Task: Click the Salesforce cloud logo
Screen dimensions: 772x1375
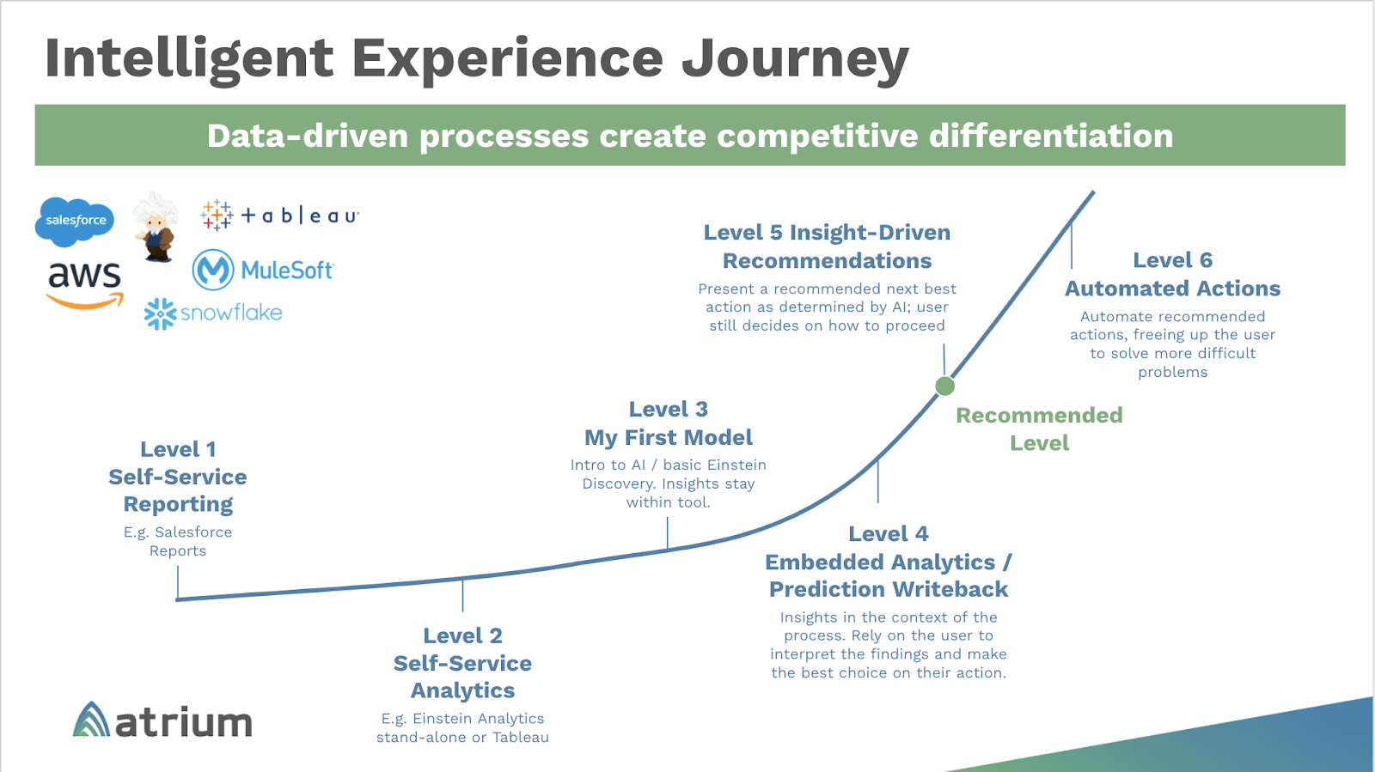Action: (75, 221)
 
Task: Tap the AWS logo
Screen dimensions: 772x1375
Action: (84, 284)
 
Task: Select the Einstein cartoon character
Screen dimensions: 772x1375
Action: (156, 228)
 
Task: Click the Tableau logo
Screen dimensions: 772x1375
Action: (279, 215)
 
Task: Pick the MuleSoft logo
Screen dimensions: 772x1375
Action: (262, 270)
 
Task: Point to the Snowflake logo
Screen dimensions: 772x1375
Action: (213, 313)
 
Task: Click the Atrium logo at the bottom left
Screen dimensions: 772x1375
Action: (162, 720)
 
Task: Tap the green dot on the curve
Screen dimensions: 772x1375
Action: (944, 386)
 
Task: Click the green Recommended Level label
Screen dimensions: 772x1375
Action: (1039, 429)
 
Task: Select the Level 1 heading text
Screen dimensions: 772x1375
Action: (178, 449)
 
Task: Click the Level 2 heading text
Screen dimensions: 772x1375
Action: (462, 635)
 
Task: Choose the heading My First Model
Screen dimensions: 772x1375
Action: (669, 438)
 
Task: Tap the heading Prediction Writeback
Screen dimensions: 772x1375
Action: (889, 589)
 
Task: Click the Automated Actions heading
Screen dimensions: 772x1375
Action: (1172, 289)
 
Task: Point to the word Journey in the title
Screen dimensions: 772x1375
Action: (795, 58)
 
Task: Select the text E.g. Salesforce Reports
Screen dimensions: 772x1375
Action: (178, 541)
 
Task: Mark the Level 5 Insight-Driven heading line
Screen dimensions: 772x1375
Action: (827, 233)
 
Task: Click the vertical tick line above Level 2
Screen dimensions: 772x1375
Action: (462, 594)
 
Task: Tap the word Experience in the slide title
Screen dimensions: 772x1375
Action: (507, 58)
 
